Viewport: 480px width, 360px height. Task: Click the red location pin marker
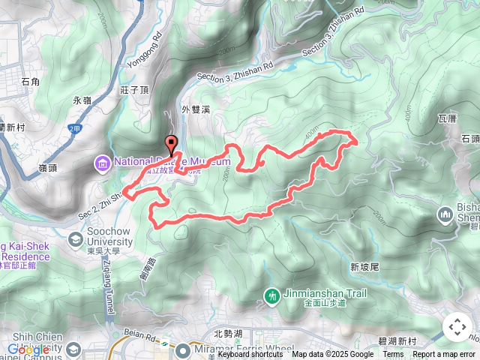pyautogui.click(x=171, y=145)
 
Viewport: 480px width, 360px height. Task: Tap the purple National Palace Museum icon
pyautogui.click(x=102, y=163)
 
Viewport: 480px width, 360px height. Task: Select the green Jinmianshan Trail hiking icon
pyautogui.click(x=271, y=294)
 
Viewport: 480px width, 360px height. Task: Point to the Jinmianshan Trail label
pyautogui.click(x=325, y=294)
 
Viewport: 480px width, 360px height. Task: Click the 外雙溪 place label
pyautogui.click(x=194, y=109)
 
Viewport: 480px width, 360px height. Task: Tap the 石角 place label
pyautogui.click(x=31, y=81)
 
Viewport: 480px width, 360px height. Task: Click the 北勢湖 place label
pyautogui.click(x=226, y=334)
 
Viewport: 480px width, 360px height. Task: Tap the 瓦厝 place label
pyautogui.click(x=447, y=118)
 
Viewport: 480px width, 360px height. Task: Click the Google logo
pyautogui.click(x=28, y=349)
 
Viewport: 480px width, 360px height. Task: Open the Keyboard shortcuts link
pyautogui.click(x=256, y=355)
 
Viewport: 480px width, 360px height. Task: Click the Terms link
pyautogui.click(x=393, y=355)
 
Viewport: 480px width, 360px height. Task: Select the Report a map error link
pyautogui.click(x=444, y=355)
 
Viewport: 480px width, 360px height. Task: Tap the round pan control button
pyautogui.click(x=457, y=328)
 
